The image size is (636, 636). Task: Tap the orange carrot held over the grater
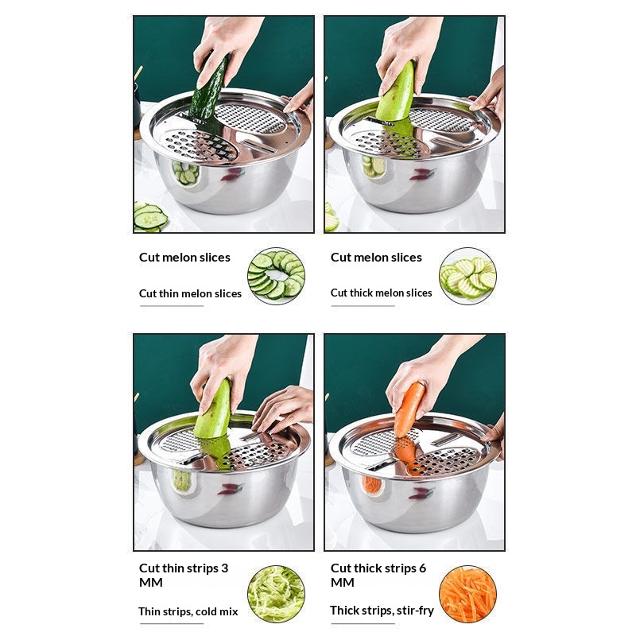[409, 409]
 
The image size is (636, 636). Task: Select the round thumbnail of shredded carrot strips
[467, 594]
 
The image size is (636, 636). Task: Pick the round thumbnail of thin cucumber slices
[276, 276]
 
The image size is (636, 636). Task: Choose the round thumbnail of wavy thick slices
[467, 276]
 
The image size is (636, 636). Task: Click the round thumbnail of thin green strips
[276, 594]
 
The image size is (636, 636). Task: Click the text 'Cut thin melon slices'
[190, 293]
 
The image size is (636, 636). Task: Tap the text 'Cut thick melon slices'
[382, 293]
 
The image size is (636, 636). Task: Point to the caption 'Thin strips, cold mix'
[188, 611]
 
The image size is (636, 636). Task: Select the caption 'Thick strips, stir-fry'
[382, 611]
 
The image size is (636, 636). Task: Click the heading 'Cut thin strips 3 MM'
[184, 575]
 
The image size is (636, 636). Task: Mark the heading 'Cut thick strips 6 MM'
[378, 575]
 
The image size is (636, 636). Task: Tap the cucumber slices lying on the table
[149, 217]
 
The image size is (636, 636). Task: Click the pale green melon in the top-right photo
[396, 93]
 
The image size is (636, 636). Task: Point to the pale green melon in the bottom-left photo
[212, 410]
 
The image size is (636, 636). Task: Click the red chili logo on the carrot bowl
[421, 493]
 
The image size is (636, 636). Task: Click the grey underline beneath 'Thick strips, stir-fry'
[363, 623]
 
